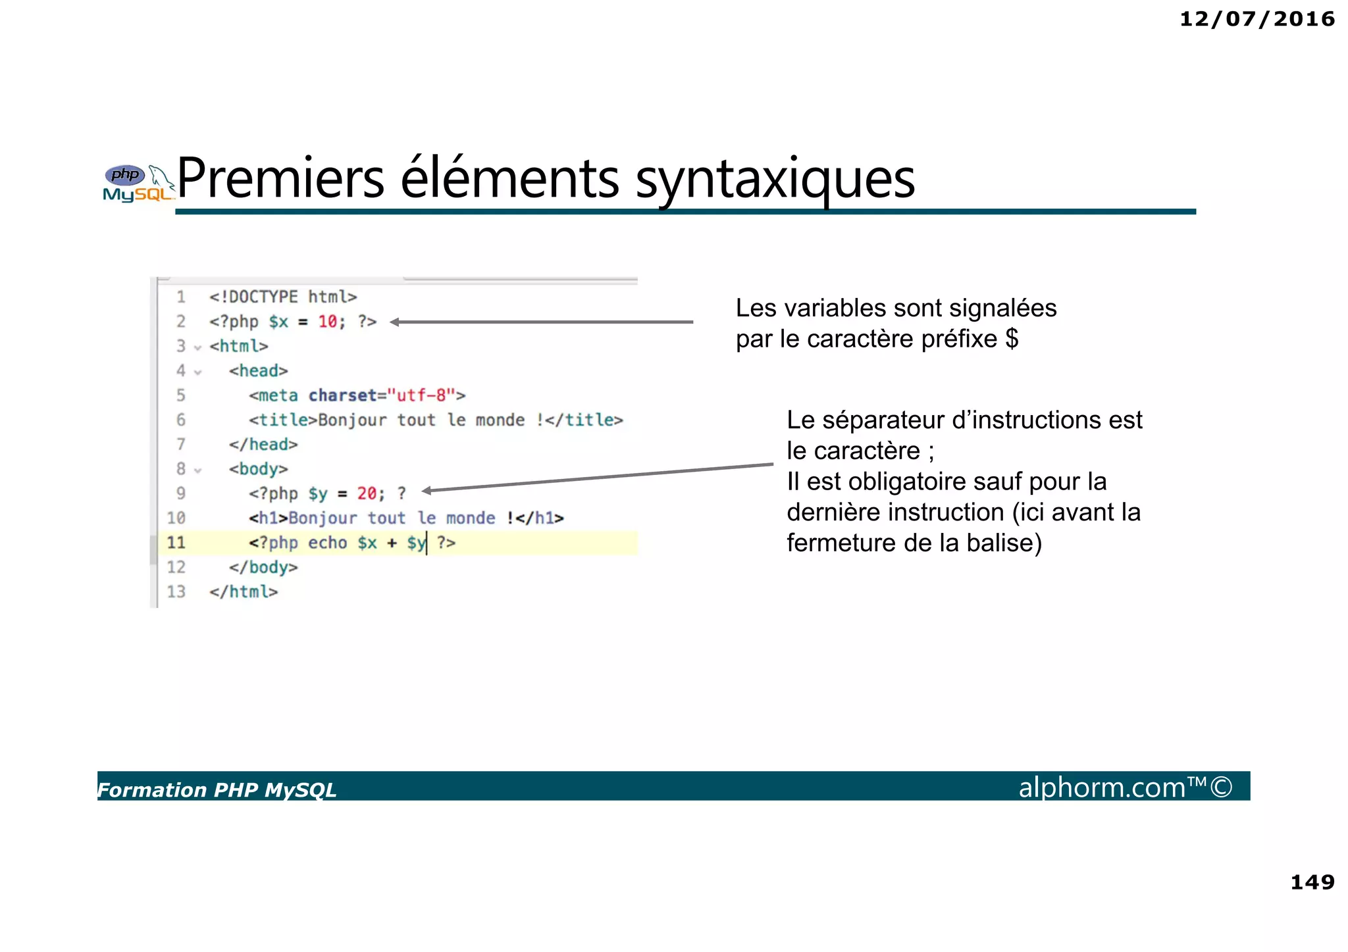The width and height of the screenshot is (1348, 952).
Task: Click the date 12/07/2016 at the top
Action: (x=1257, y=19)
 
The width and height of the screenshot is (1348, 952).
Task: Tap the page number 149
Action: (x=1312, y=882)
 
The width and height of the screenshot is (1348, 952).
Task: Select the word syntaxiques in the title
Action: (x=775, y=179)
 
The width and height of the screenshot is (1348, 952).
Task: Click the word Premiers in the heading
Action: (x=280, y=179)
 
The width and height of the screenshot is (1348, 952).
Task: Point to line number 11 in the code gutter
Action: (x=176, y=543)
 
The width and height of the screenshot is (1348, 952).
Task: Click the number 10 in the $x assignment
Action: (x=328, y=322)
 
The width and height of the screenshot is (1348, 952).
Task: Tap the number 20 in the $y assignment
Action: (x=367, y=493)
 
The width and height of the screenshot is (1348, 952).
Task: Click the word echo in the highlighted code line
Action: (x=327, y=543)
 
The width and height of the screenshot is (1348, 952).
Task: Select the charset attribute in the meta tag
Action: (x=342, y=395)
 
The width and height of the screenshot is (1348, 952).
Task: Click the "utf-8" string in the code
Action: (x=421, y=395)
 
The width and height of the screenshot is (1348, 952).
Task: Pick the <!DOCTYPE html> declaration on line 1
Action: (x=283, y=297)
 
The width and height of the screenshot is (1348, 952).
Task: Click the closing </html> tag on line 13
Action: (x=244, y=592)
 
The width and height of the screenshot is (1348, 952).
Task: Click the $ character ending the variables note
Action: (x=1012, y=339)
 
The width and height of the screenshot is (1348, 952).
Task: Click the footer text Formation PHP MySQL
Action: (x=217, y=789)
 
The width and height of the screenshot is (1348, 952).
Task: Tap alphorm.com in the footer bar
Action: (x=1102, y=788)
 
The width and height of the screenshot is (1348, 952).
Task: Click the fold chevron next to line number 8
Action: (x=197, y=470)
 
